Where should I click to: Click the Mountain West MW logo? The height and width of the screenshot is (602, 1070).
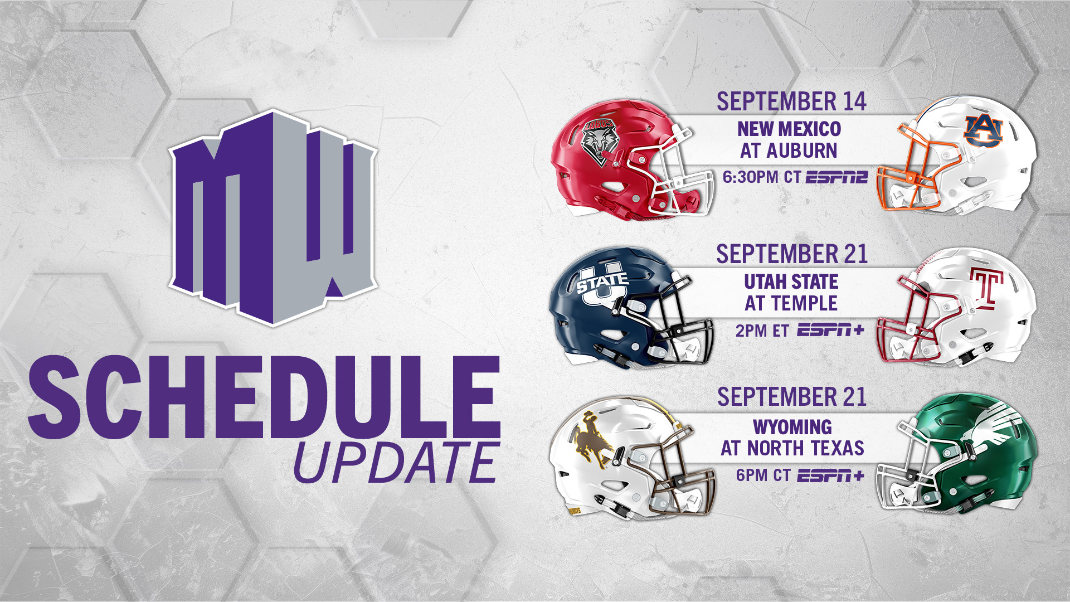point(273,217)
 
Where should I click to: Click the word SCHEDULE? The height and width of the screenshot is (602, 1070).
point(264,398)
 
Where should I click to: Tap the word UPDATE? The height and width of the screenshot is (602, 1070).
point(396,463)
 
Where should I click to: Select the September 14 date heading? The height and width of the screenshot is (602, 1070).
point(791,101)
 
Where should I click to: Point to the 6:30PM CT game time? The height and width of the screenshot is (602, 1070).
point(761,177)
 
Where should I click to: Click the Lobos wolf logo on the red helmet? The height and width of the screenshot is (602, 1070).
point(599,143)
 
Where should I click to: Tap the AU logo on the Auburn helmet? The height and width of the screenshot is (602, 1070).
point(984,131)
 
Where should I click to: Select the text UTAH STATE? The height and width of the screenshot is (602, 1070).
point(791,282)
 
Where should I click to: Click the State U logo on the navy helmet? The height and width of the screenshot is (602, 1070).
point(602,284)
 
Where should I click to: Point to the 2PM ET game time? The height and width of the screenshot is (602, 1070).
point(762,331)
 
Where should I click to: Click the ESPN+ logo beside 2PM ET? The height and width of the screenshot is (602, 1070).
point(830,330)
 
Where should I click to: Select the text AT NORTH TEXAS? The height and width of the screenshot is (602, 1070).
point(792,448)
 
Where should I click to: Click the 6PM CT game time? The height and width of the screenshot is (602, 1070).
point(763,475)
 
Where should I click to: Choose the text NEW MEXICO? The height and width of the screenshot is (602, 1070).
point(789,129)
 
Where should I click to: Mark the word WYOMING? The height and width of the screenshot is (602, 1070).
point(792,427)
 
